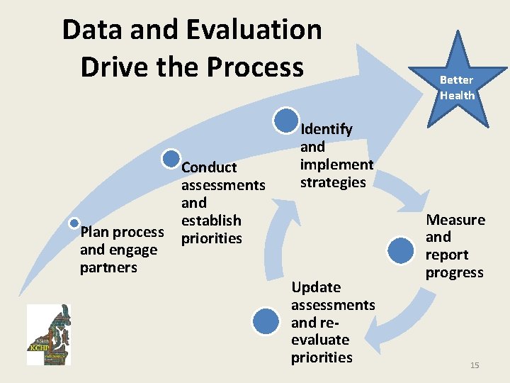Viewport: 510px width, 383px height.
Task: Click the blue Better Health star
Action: point(458,81)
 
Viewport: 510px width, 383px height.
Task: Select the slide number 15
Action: point(475,365)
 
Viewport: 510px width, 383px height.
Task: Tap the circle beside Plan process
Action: point(74,223)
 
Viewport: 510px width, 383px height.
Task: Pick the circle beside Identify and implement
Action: point(285,121)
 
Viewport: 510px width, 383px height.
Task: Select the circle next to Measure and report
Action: point(401,250)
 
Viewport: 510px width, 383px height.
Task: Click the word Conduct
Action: point(209,167)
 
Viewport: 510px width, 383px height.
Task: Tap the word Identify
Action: point(327,129)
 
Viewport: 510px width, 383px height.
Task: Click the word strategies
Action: point(333,182)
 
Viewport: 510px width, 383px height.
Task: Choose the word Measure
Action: point(455,220)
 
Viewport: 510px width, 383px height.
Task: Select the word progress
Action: point(454,272)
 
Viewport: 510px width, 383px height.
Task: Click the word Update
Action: point(316,287)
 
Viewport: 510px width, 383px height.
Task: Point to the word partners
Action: point(108,267)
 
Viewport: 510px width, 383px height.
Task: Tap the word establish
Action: point(211,221)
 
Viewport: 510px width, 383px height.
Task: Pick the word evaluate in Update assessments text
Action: point(320,340)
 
